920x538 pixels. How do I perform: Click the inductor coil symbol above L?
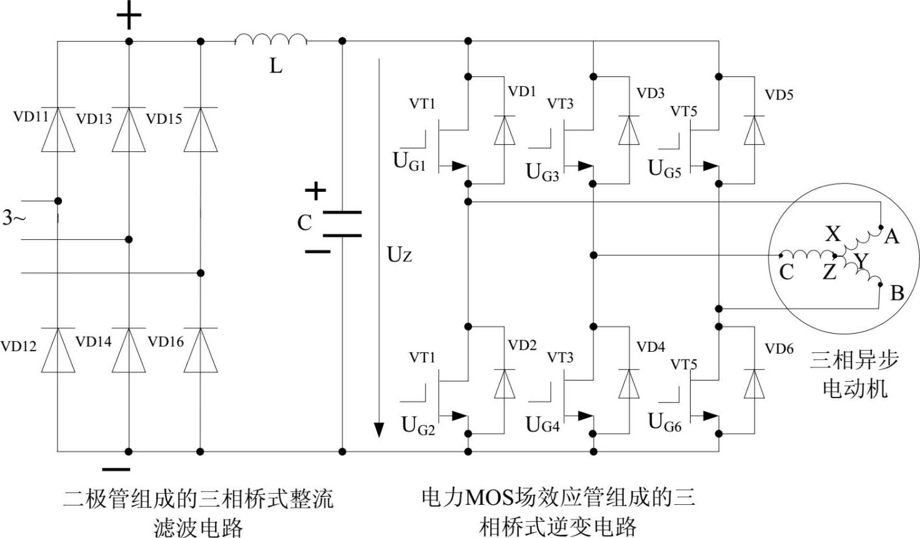point(271,41)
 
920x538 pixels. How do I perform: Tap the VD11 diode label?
point(31,116)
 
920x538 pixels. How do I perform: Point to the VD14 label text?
point(93,341)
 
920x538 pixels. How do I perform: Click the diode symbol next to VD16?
point(201,351)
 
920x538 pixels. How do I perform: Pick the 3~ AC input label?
point(14,217)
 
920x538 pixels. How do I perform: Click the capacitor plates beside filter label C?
point(342,224)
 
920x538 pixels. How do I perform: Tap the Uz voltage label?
point(399,254)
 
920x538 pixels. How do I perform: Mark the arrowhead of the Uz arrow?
point(378,430)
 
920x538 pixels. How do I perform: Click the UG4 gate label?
point(542,425)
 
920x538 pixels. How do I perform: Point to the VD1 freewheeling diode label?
point(522,91)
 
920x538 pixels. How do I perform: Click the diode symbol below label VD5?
point(754,131)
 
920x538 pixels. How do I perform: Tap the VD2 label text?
point(522,345)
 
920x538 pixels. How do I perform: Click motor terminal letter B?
point(897,292)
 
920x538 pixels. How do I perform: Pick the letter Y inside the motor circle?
point(861,261)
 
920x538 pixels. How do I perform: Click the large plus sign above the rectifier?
point(129,17)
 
